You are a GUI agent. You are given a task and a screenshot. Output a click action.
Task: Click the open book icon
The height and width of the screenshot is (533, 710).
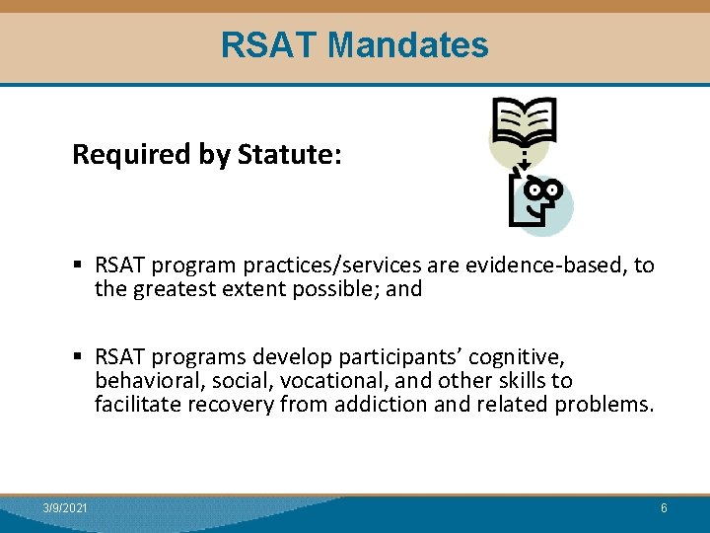pyautogui.click(x=524, y=122)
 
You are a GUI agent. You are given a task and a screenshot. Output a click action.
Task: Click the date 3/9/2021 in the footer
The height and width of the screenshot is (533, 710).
pyautogui.click(x=65, y=507)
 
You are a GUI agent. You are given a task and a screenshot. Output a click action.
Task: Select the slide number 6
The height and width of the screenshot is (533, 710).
pyautogui.click(x=664, y=507)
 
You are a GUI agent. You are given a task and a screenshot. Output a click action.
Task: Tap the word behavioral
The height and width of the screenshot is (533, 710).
pyautogui.click(x=144, y=380)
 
